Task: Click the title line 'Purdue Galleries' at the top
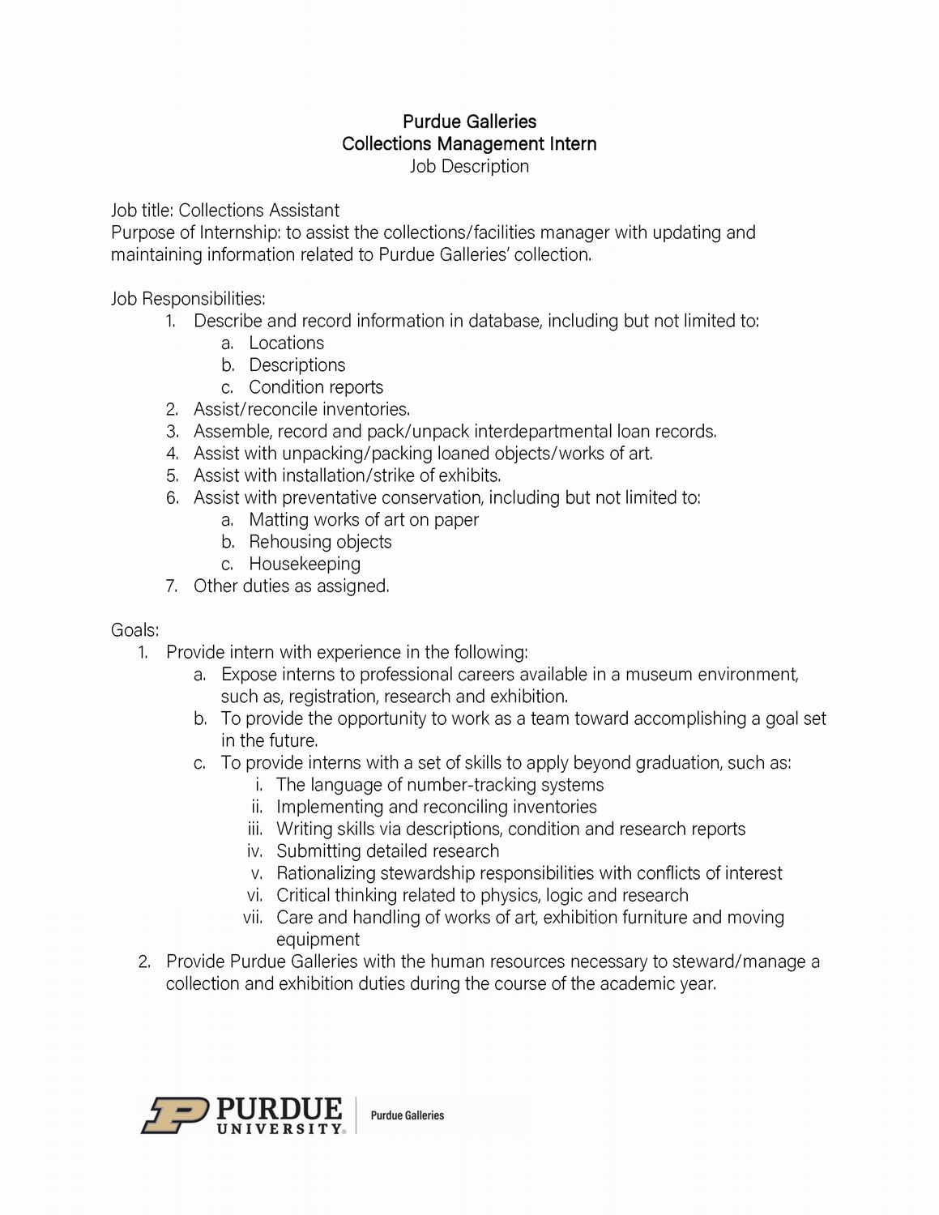pyautogui.click(x=469, y=122)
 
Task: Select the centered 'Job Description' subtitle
pyautogui.click(x=469, y=167)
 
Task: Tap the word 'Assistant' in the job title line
pyautogui.click(x=301, y=211)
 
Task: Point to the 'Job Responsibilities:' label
pyautogui.click(x=188, y=299)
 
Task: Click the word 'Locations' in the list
pyautogui.click(x=286, y=343)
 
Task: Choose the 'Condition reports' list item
pyautogui.click(x=316, y=387)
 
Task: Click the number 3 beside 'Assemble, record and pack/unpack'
pyautogui.click(x=172, y=432)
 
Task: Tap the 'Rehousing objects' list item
pyautogui.click(x=320, y=542)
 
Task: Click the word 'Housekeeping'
pyautogui.click(x=305, y=564)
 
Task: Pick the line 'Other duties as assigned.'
pyautogui.click(x=291, y=586)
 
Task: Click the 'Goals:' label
pyautogui.click(x=134, y=630)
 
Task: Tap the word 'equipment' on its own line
pyautogui.click(x=318, y=940)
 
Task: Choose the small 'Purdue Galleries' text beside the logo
pyautogui.click(x=408, y=1115)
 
